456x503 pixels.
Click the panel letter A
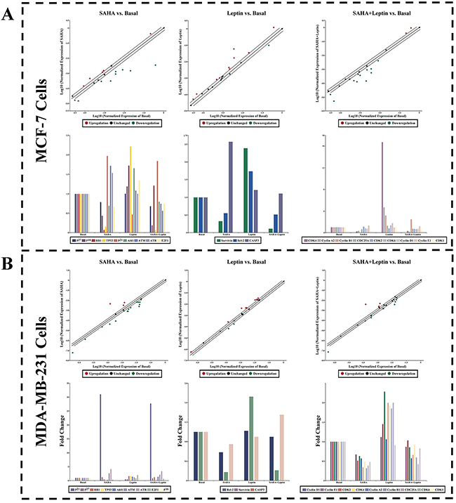click(x=13, y=13)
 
